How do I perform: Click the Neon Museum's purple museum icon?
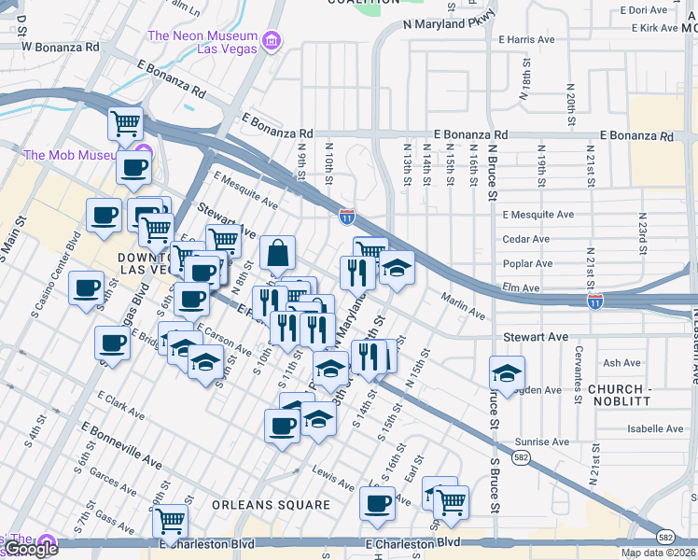tap(272, 40)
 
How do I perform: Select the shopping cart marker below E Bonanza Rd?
tap(125, 122)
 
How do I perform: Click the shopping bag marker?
tap(278, 252)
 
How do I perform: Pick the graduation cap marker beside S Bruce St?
tap(505, 373)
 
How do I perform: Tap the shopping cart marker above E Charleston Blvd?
tap(170, 519)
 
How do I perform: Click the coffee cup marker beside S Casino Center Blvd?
tap(87, 287)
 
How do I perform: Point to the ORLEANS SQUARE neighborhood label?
tap(271, 505)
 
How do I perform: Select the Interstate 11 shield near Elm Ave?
tap(594, 301)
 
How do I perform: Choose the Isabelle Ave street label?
tap(655, 429)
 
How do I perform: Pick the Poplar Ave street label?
tap(527, 264)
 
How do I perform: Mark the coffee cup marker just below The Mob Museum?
tap(133, 168)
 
